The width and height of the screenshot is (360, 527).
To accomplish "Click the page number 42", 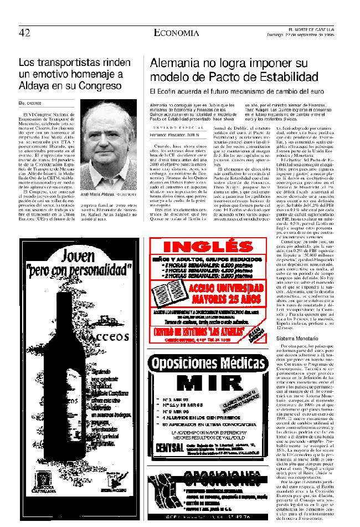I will pos(24,33).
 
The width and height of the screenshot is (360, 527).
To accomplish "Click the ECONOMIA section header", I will pos(177,33).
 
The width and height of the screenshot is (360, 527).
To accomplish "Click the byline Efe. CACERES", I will pos(31,103).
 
